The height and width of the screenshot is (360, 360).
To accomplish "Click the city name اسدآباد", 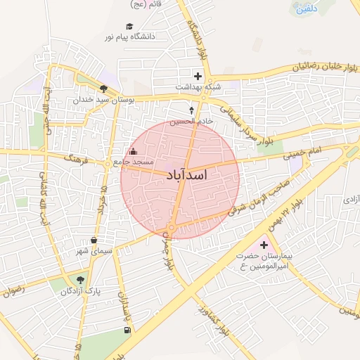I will pyautogui.click(x=188, y=174).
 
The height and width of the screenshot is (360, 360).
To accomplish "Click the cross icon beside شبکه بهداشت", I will pyautogui.click(x=198, y=76).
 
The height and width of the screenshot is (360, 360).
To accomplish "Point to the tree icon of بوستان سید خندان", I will pyautogui.click(x=104, y=89).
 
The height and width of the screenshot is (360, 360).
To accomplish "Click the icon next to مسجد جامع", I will pyautogui.click(x=134, y=151).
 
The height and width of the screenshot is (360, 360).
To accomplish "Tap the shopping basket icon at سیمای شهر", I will pyautogui.click(x=94, y=240).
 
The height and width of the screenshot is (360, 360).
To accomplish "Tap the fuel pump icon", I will pyautogui.click(x=127, y=330).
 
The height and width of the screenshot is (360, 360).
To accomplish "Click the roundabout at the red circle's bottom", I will pyautogui.click(x=172, y=228).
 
